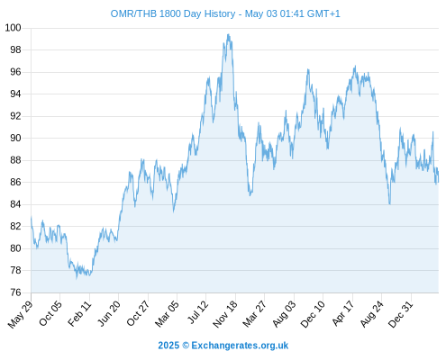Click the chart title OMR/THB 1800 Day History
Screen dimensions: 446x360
[173, 13]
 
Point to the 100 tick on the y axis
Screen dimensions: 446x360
[13, 28]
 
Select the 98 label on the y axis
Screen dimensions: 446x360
[15, 49]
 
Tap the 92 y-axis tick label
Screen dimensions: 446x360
[15, 116]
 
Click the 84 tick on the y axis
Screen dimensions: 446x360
[15, 204]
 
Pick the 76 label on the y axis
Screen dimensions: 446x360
[15, 292]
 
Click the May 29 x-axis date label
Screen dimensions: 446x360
[20, 314]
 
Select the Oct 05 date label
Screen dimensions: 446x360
[50, 313]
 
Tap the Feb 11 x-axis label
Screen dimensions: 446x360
[79, 313]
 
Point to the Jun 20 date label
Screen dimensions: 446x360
[109, 313]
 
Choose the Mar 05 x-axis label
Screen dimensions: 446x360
[167, 313]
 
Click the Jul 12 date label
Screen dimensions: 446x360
[197, 312]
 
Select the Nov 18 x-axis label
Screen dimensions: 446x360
[225, 314]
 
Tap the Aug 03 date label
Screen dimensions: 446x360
[284, 314]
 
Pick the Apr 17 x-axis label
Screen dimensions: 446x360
[343, 313]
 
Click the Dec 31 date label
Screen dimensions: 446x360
[401, 314]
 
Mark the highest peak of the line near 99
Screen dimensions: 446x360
[228, 34]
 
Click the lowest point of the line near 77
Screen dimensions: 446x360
[77, 278]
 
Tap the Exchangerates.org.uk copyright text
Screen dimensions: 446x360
[223, 346]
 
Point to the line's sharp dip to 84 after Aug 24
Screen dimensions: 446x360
[389, 204]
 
